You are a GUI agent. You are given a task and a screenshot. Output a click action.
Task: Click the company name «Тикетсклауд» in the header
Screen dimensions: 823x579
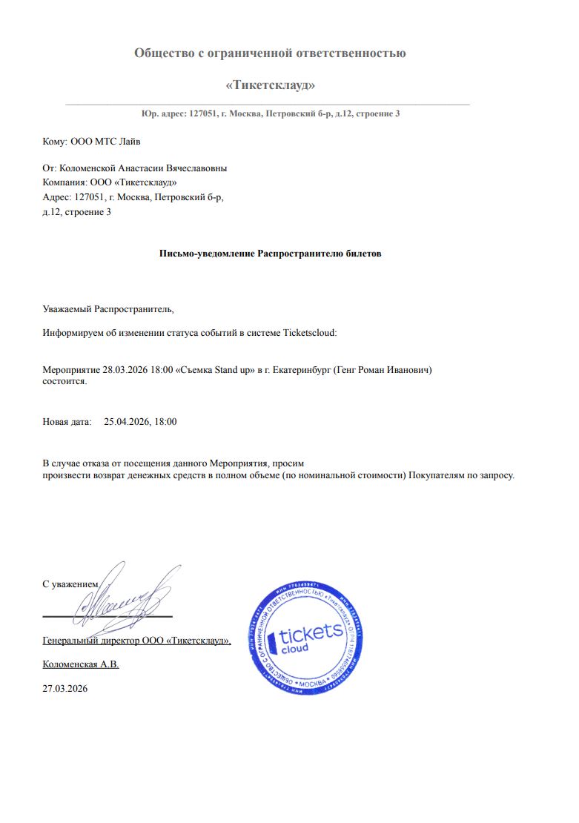[270, 85]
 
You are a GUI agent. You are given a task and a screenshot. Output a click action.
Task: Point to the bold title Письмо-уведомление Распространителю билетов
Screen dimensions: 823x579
[270, 253]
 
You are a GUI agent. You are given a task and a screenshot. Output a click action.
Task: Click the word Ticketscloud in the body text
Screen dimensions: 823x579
[309, 333]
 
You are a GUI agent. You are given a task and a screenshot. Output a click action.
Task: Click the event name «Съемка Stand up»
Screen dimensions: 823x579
[216, 369]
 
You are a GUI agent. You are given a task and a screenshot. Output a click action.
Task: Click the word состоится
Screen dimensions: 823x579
[64, 381]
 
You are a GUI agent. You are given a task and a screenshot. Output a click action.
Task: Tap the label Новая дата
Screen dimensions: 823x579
[67, 422]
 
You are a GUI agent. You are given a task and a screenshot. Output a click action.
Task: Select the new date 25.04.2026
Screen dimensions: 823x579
[128, 422]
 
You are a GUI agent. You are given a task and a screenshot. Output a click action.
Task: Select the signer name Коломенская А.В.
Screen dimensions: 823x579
[81, 664]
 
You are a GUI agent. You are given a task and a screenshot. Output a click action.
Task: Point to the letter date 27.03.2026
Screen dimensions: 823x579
[65, 689]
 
